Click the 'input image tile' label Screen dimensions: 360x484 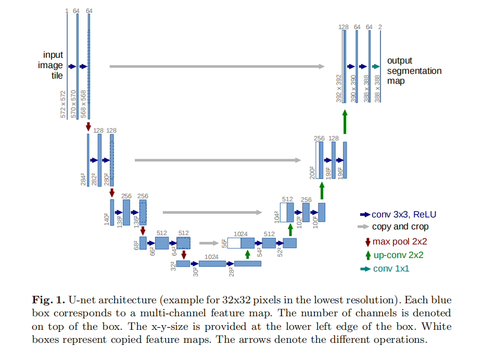click(53, 65)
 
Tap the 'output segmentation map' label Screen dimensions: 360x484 click(414, 71)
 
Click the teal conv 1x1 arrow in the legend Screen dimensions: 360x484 click(365, 268)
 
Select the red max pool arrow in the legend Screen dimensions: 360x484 click(367, 241)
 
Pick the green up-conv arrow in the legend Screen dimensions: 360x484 click(368, 255)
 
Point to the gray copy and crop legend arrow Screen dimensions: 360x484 click(364, 227)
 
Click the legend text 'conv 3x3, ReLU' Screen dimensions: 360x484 click(404, 214)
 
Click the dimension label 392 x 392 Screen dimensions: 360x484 click(339, 87)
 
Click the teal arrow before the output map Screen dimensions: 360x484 click(376, 67)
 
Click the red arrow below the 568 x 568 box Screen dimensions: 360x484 click(88, 126)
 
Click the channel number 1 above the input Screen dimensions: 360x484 click(67, 11)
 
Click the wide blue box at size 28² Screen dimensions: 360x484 click(247, 264)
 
